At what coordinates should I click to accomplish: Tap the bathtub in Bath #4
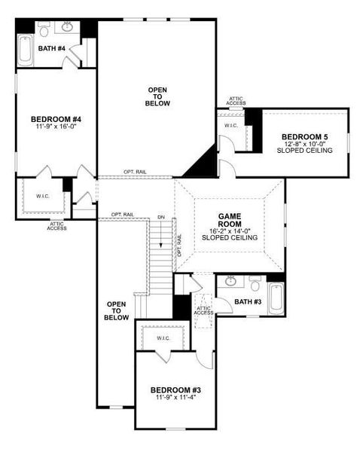tap(25, 50)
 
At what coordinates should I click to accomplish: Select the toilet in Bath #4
tap(44, 30)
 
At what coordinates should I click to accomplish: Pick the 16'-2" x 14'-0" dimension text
tap(230, 230)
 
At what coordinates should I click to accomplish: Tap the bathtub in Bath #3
tap(276, 298)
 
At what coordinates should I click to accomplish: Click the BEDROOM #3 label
tap(175, 389)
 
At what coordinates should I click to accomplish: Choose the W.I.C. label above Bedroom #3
tap(164, 338)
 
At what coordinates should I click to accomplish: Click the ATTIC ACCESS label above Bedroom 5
tap(236, 100)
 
